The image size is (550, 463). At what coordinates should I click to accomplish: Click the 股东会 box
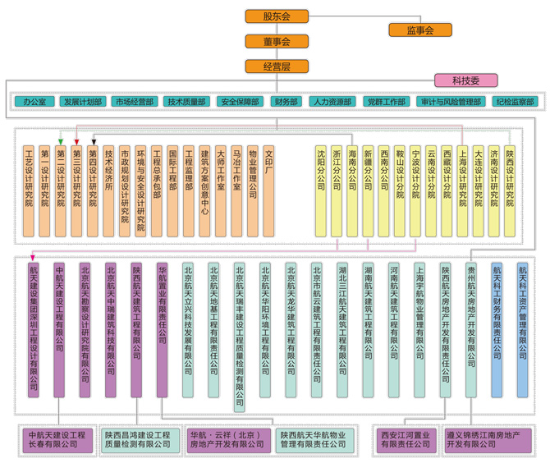tap(277, 16)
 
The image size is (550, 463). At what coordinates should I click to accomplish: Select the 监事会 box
tap(419, 30)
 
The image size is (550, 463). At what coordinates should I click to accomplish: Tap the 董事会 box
tap(277, 40)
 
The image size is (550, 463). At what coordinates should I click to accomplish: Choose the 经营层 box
tap(277, 66)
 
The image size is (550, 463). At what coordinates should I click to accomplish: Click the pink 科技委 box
tap(465, 80)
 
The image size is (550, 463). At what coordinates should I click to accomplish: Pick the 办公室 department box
tap(34, 102)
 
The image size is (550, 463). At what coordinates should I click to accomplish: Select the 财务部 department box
tap(286, 102)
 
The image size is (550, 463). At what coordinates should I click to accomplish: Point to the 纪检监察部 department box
tap(515, 102)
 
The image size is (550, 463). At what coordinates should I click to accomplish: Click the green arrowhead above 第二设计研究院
tap(60, 141)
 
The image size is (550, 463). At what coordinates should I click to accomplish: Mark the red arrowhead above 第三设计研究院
tap(76, 141)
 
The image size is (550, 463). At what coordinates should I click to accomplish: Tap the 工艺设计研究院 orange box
tap(29, 187)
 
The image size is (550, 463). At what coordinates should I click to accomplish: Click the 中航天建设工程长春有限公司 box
tap(57, 439)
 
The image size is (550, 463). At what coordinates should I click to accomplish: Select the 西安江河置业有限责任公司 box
tap(406, 439)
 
